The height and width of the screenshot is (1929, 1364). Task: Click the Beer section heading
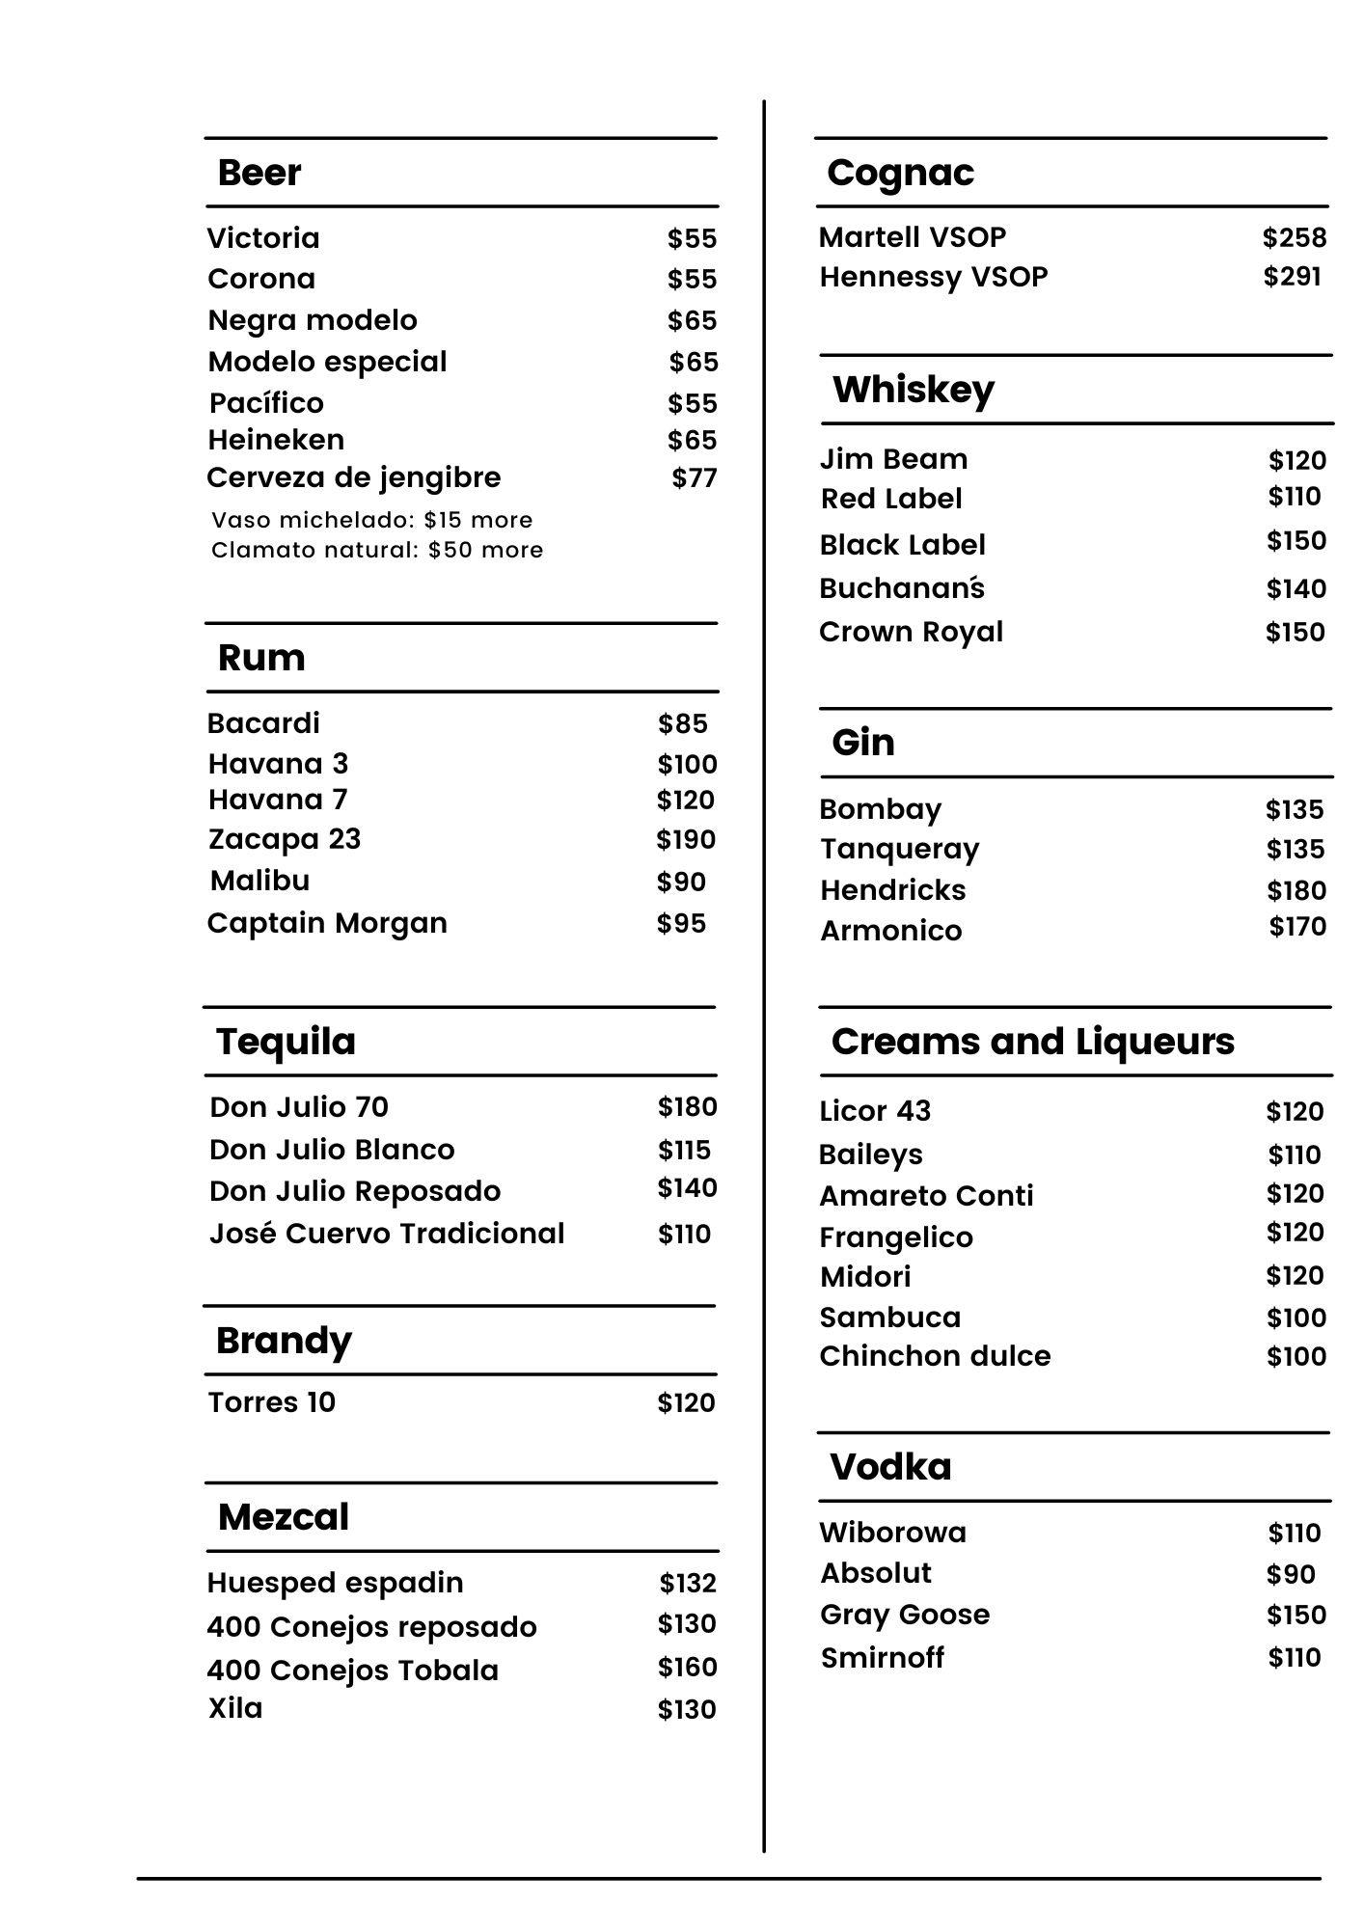259,173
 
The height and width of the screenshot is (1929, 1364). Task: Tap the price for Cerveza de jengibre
694,477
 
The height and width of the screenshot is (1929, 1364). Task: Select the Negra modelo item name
313,320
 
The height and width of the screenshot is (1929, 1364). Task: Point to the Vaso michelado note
371,520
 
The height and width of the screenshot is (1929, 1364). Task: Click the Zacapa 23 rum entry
285,839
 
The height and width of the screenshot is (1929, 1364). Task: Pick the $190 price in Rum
686,839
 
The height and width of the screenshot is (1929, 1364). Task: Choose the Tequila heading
286,1042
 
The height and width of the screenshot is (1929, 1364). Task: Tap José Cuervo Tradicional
387,1234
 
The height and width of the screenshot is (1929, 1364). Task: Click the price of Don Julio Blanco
684,1150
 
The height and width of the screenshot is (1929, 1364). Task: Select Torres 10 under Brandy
272,1401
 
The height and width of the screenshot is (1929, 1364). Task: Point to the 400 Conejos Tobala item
353,1670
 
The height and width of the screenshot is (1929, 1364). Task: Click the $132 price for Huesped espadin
688,1583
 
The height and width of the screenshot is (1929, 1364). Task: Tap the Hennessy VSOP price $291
1292,277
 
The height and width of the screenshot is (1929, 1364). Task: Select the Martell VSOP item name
913,236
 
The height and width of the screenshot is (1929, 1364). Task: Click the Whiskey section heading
913,390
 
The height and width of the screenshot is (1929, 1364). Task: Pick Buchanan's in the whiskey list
902,588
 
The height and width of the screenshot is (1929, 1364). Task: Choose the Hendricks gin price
1296,890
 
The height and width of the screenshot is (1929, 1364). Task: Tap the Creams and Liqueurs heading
1032,1042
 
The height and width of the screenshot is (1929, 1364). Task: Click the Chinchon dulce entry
935,1356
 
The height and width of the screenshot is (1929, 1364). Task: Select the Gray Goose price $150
1296,1615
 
